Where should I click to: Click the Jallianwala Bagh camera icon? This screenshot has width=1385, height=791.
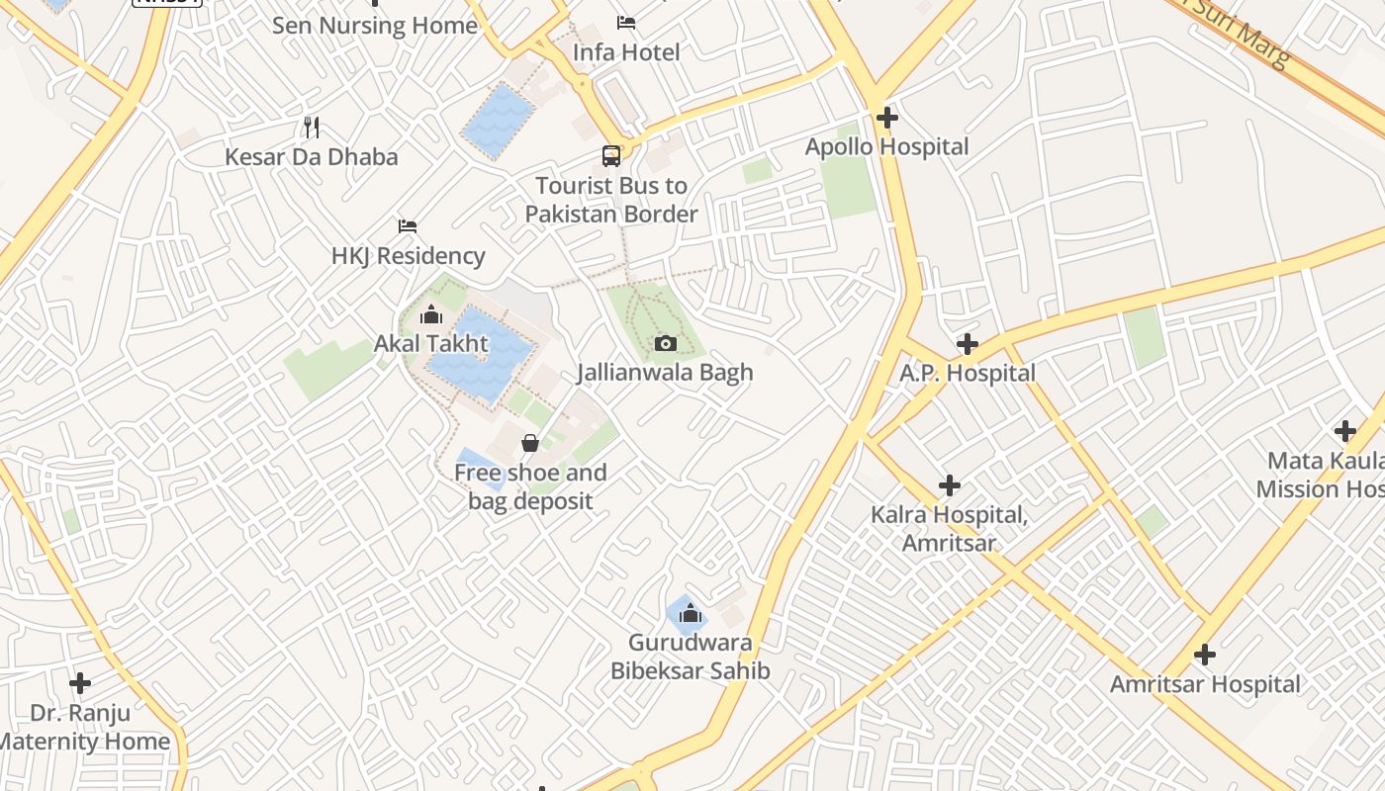[x=666, y=343]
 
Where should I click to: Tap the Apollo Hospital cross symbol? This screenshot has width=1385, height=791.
[x=886, y=118]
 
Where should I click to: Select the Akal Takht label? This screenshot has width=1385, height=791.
[x=430, y=343]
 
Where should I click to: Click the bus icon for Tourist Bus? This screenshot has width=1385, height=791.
[x=611, y=156]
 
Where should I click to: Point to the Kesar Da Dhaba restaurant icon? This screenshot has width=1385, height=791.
[x=312, y=127]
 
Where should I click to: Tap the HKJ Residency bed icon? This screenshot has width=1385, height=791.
[x=407, y=226]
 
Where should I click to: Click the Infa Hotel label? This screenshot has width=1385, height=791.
[x=626, y=51]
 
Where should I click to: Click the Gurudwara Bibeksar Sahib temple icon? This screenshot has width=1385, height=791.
[x=691, y=613]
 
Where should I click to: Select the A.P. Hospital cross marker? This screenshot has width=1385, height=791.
[x=967, y=344]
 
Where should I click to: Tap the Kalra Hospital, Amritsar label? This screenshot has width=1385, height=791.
[x=949, y=528]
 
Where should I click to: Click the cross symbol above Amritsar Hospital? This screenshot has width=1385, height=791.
[x=1204, y=655]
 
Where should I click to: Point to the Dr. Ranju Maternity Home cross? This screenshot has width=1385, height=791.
[x=80, y=682]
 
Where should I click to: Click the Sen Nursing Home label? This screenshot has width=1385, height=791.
[x=374, y=25]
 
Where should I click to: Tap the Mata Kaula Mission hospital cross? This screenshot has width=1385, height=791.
[x=1344, y=431]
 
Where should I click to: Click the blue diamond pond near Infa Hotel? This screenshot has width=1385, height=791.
[x=499, y=121]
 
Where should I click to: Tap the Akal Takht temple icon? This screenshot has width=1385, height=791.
[x=431, y=315]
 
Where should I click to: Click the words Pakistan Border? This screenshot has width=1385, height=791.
[x=611, y=214]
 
